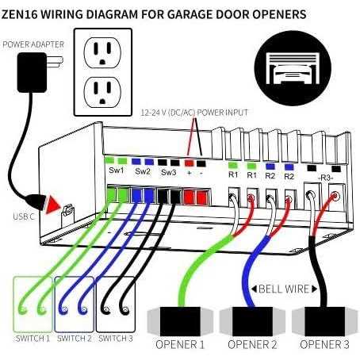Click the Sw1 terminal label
[114, 170]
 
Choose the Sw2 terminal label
[142, 170]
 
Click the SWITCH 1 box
[33, 304]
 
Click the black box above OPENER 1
[179, 320]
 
